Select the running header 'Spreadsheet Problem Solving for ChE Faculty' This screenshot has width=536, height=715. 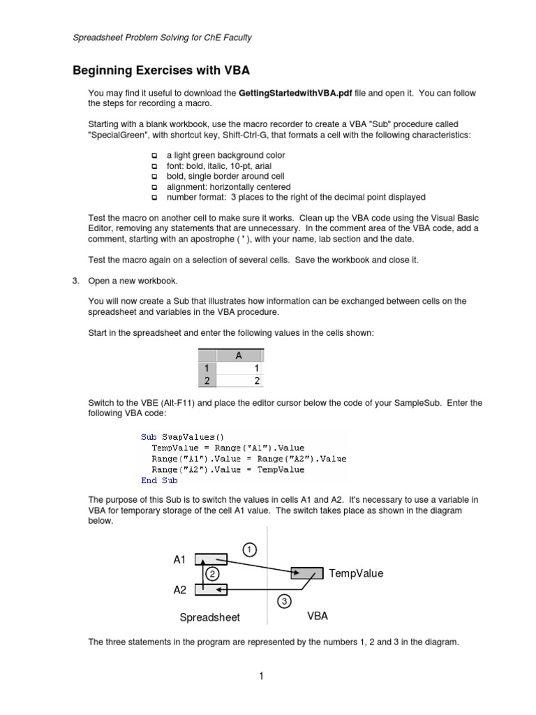pos(163,38)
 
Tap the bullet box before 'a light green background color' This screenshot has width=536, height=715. pos(154,156)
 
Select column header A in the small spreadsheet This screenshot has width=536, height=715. pos(239,355)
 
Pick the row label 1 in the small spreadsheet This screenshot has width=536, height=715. pos(207,368)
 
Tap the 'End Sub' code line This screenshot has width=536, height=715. pos(159,480)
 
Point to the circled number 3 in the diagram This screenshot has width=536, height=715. pos(284,600)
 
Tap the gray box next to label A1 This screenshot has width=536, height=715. pos(211,559)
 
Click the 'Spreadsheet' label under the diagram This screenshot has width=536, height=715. pos(209,617)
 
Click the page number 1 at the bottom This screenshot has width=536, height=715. pos(260,675)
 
